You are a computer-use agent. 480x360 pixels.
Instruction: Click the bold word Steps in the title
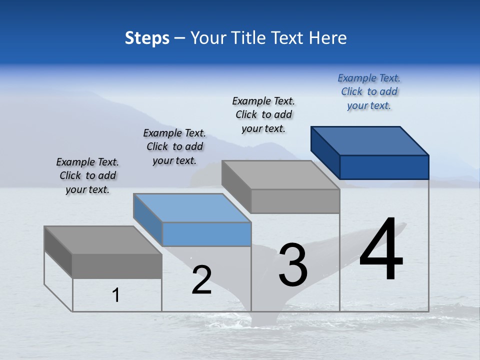[147, 38]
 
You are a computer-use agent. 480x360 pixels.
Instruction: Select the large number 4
[381, 250]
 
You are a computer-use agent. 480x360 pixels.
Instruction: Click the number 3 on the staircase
[293, 265]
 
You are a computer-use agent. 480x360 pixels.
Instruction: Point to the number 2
[201, 280]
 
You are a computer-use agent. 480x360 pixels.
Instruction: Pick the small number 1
[116, 295]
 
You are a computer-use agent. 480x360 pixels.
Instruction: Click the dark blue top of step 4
[370, 140]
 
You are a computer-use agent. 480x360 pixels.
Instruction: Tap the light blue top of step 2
[192, 208]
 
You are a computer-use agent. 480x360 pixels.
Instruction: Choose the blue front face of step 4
[384, 167]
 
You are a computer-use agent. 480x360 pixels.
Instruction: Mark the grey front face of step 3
[295, 201]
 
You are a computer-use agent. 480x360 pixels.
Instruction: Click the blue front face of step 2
[206, 234]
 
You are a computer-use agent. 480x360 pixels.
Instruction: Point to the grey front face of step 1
[117, 266]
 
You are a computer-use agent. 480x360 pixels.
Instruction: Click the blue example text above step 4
[369, 91]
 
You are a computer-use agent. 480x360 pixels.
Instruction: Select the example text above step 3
[263, 114]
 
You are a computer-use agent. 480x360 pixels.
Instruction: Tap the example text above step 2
[174, 146]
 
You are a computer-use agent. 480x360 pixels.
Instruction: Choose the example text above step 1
[87, 175]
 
